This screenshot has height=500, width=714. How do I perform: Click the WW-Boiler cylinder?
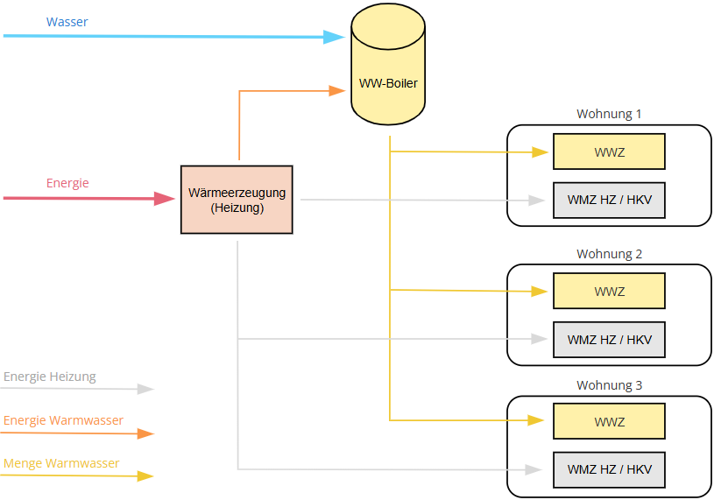(388, 64)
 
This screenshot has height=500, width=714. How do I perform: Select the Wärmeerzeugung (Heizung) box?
(237, 200)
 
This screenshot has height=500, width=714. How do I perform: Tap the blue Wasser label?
(67, 22)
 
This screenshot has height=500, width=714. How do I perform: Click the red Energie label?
(67, 183)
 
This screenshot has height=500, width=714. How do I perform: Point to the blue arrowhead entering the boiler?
(334, 37)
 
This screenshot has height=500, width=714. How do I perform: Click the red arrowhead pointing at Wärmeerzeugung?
(165, 199)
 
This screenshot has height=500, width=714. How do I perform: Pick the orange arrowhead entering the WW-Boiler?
(337, 91)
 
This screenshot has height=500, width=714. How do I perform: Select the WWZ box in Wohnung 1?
(609, 151)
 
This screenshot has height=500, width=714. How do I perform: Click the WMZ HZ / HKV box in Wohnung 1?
(609, 201)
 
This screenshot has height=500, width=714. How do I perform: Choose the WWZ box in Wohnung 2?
(609, 292)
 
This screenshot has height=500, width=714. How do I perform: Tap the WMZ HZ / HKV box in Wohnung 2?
(609, 340)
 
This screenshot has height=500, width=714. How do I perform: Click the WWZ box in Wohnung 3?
(609, 421)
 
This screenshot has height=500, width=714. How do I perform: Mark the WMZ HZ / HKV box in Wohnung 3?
(609, 470)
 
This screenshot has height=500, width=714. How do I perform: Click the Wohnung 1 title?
(609, 114)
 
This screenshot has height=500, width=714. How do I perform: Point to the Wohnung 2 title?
(609, 254)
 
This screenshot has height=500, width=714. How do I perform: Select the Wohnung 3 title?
(609, 385)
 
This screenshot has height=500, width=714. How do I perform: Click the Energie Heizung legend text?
(50, 377)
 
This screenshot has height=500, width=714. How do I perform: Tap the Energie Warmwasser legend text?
(63, 420)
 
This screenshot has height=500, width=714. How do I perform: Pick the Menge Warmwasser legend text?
(61, 463)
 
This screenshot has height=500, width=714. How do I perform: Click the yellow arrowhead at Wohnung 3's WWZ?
(536, 420)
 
